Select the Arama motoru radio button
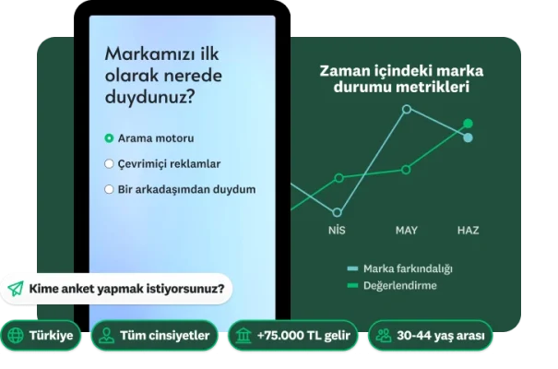click(x=109, y=138)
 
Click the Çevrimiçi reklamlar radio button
click(x=109, y=164)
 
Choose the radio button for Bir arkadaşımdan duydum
click(x=109, y=190)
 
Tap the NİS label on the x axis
click(x=337, y=229)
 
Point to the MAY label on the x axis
click(x=406, y=229)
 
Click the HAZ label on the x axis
click(x=468, y=229)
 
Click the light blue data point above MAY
click(x=406, y=109)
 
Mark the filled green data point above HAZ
click(x=468, y=123)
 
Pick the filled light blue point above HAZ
click(x=468, y=138)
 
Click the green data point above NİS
click(x=338, y=177)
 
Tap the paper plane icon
click(x=16, y=288)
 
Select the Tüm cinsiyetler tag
click(x=155, y=335)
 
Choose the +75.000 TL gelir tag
click(x=292, y=335)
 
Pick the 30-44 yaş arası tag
click(x=429, y=335)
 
